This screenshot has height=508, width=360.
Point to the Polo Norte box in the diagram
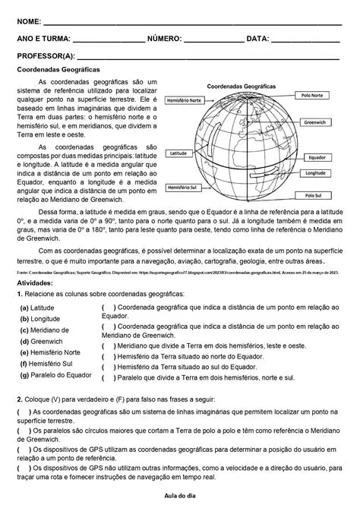coord(314,96)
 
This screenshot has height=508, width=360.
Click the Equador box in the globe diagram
coord(317,158)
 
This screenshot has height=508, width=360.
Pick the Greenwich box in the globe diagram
coord(314,121)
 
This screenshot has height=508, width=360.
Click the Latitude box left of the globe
coord(179,153)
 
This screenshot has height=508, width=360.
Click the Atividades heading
coord(36,282)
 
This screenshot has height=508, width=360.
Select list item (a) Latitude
coord(37,308)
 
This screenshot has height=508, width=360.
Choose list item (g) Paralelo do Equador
coord(55,375)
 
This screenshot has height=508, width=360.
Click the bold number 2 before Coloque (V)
coord(19,399)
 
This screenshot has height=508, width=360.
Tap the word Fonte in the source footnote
coord(22,271)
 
